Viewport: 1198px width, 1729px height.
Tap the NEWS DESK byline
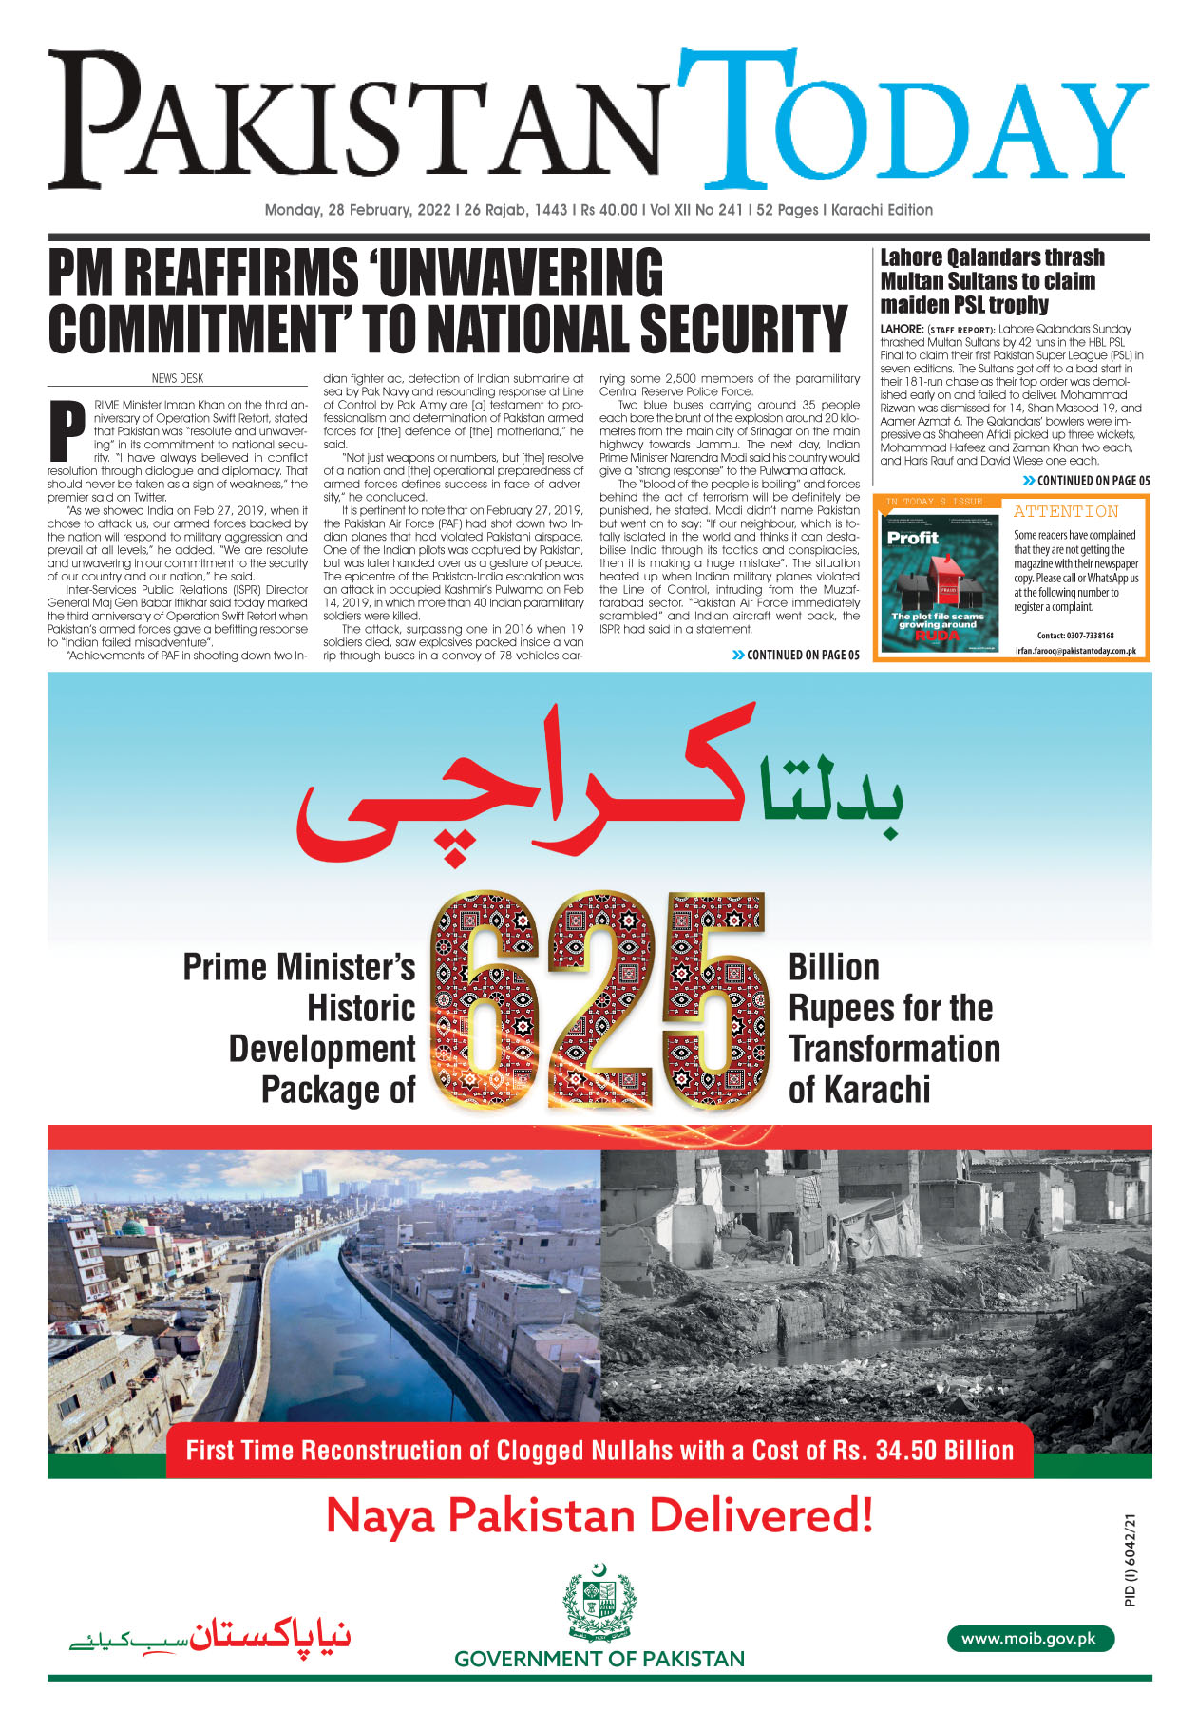178,378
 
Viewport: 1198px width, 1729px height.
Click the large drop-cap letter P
67,432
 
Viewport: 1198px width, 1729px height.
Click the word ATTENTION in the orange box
1065,511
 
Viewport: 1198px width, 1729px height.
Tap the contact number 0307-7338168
1075,636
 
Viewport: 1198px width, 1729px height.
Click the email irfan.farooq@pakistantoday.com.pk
1075,651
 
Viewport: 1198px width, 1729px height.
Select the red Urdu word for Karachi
523,788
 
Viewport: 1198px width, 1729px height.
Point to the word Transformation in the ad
894,1049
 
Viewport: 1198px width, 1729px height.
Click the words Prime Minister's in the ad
299,967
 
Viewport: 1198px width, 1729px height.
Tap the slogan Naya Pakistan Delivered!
599,1515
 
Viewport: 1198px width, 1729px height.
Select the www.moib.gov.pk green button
1029,1638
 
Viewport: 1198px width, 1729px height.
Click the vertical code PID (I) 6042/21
1130,1560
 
